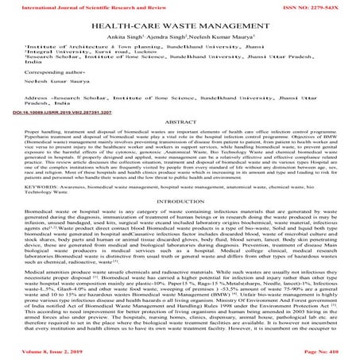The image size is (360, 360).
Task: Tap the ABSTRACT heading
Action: coord(180,145)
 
